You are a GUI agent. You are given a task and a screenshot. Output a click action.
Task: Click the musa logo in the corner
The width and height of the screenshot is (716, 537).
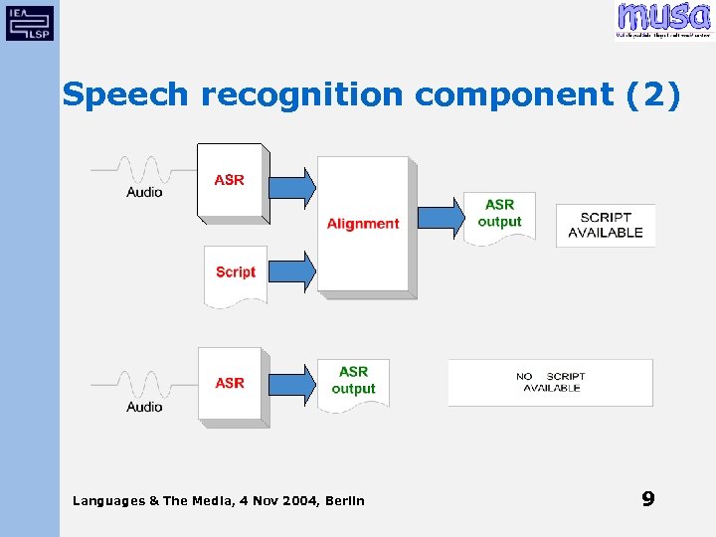pyautogui.click(x=662, y=20)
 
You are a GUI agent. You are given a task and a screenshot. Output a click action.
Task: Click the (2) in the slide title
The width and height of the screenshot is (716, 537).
pyautogui.click(x=653, y=94)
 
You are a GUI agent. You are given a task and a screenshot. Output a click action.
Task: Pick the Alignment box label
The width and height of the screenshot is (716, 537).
pyautogui.click(x=363, y=224)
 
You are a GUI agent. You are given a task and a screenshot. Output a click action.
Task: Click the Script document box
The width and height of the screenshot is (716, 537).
pyautogui.click(x=236, y=272)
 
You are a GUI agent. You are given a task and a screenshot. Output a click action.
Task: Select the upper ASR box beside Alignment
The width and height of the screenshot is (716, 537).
pyautogui.click(x=231, y=180)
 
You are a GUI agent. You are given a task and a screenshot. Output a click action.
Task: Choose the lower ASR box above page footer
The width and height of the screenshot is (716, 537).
pyautogui.click(x=231, y=383)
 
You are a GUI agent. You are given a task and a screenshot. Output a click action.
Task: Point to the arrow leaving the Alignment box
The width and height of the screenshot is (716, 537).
pyautogui.click(x=441, y=217)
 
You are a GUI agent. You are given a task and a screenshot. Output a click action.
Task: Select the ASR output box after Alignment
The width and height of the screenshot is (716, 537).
pyautogui.click(x=499, y=215)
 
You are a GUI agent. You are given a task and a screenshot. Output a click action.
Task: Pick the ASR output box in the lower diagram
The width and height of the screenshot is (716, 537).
pyautogui.click(x=353, y=381)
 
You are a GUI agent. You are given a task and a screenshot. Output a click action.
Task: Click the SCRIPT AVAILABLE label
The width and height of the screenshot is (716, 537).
pyautogui.click(x=606, y=225)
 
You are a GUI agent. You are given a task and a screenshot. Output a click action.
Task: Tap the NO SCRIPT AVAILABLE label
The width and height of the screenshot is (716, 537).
pyautogui.click(x=551, y=382)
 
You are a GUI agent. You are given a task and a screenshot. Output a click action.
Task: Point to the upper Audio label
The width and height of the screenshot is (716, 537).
pyautogui.click(x=144, y=192)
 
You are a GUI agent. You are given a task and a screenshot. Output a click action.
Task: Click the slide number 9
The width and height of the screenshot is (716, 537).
pyautogui.click(x=648, y=499)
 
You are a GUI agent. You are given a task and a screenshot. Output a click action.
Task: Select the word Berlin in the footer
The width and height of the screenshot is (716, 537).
pyautogui.click(x=345, y=500)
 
